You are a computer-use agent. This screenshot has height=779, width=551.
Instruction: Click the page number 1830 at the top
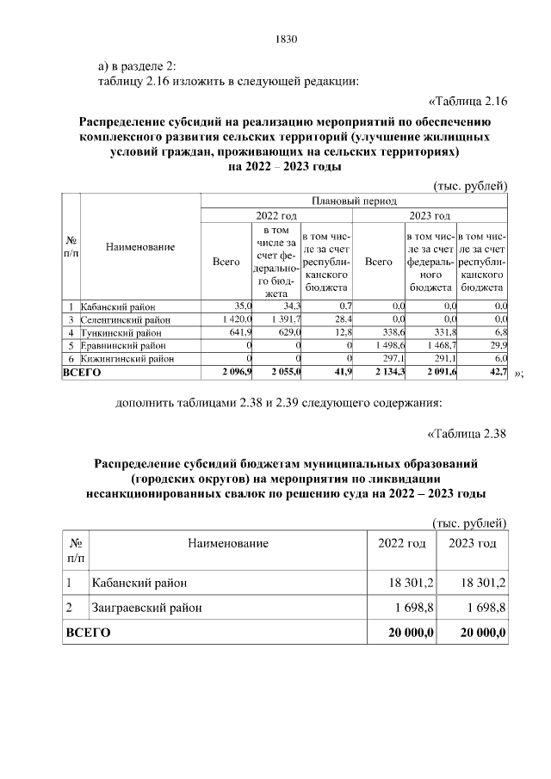285,39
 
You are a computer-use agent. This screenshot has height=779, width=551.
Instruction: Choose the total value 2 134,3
387,372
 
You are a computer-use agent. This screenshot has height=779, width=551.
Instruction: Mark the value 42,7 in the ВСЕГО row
494,372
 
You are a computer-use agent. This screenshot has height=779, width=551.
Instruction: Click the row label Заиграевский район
147,608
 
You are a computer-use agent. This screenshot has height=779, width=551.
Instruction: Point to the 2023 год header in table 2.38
472,543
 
